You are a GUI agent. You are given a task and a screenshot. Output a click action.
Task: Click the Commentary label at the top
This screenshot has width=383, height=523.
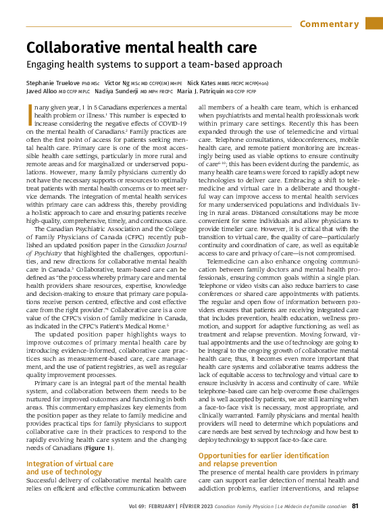coord(329,24)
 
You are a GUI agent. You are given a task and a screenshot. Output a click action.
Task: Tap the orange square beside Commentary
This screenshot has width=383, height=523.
coord(374,24)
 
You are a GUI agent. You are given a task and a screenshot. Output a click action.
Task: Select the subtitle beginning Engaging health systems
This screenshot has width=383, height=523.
coord(153,65)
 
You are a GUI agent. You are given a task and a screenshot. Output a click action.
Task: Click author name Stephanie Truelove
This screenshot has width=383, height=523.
coord(54,82)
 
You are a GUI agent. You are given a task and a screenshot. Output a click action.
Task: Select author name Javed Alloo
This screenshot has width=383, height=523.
coord(41,91)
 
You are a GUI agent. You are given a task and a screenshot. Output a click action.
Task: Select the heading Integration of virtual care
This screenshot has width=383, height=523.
coord(69,464)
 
